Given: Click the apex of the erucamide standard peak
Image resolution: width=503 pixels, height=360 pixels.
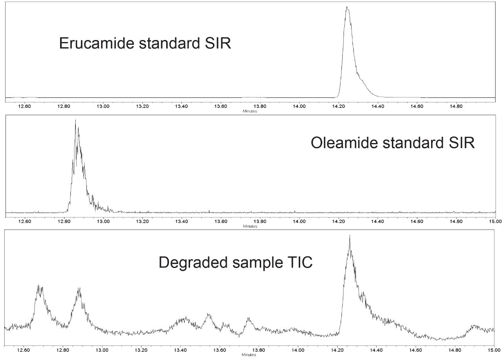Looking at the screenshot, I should click(x=347, y=7).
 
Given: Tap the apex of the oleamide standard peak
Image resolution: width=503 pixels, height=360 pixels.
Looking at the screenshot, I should click(x=75, y=120).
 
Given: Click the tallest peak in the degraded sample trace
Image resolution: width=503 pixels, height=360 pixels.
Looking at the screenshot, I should click(x=349, y=236).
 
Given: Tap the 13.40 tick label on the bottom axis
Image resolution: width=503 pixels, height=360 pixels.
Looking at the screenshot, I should click(x=181, y=349).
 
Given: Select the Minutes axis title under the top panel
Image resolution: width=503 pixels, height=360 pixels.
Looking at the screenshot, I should click(x=250, y=111).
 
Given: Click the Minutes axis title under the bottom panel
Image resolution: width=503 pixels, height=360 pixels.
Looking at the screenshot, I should click(x=250, y=354).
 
